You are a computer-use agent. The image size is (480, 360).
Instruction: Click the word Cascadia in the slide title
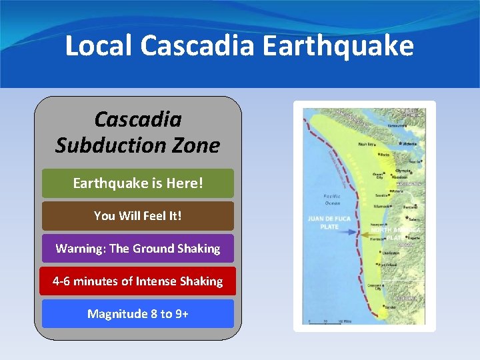(x=198, y=46)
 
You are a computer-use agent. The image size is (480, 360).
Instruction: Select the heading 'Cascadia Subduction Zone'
(x=137, y=133)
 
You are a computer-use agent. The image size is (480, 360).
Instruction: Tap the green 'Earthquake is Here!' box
(x=138, y=183)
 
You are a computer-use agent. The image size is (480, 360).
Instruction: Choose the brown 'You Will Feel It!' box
(x=138, y=216)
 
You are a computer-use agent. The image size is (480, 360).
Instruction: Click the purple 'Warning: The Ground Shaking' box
(x=138, y=249)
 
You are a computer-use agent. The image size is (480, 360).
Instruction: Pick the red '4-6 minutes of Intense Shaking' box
(x=138, y=281)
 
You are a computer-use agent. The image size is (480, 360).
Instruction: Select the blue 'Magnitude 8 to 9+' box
(x=138, y=314)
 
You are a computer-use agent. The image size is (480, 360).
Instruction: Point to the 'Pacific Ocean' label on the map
(x=332, y=199)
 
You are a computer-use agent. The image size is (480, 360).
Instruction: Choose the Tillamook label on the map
(x=382, y=207)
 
